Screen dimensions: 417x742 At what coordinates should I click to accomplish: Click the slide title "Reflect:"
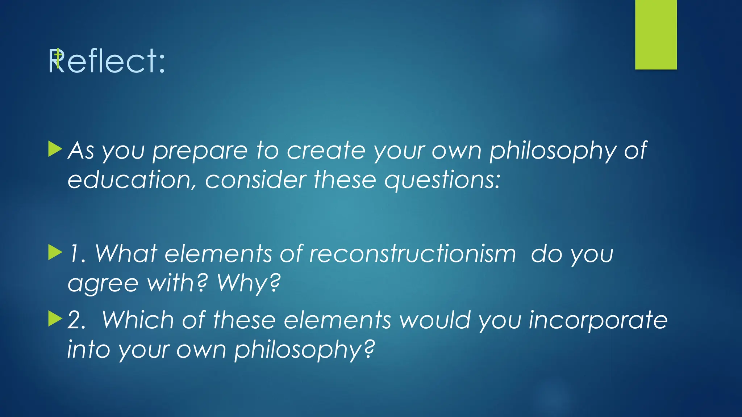click(x=107, y=61)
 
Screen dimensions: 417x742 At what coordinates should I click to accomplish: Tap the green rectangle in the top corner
click(x=656, y=35)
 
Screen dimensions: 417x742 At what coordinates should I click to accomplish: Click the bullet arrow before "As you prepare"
click(x=55, y=149)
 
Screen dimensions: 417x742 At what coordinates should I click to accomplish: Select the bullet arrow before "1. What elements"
click(x=55, y=252)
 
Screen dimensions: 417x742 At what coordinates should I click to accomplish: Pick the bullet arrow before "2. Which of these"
click(x=55, y=318)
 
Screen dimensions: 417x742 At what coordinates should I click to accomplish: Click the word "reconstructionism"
click(x=412, y=253)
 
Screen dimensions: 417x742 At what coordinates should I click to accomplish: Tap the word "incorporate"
click(x=598, y=320)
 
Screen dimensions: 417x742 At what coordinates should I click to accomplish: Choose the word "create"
click(x=326, y=150)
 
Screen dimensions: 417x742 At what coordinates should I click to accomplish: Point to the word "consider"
click(x=255, y=180)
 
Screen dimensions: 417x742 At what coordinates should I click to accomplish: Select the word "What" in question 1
click(x=126, y=253)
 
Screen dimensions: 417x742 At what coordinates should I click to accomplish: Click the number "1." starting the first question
click(x=77, y=253)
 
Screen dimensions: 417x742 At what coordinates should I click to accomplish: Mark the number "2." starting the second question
click(x=76, y=320)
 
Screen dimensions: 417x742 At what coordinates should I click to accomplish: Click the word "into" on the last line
click(x=89, y=350)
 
